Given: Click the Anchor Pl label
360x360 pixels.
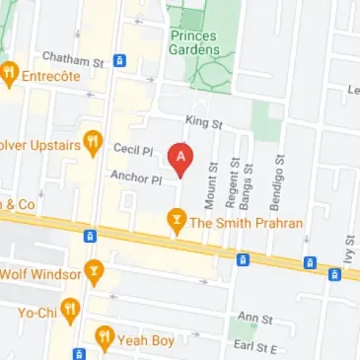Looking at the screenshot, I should pos(136,180).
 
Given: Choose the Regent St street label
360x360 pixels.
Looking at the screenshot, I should pos(234,183).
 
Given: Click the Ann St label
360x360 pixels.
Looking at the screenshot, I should pos(254,318).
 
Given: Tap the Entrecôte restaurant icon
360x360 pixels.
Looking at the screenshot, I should pos(10,73).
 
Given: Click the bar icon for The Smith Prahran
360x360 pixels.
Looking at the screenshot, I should pos(177,221).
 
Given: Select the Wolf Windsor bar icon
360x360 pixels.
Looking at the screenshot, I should pos(94,269).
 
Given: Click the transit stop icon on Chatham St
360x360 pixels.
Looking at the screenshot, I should pos(119,61).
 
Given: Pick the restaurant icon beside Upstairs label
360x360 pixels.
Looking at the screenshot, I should pos(94,142).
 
